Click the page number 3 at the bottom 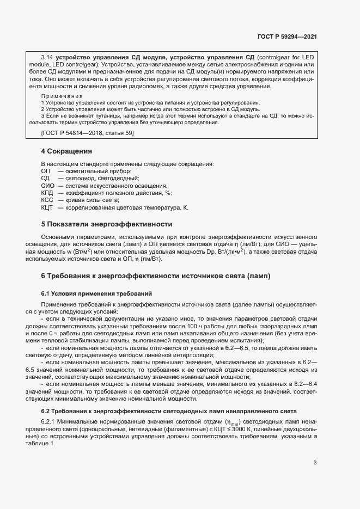tap(315, 463)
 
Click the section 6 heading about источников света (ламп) tap(155, 276)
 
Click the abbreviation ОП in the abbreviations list tap(45, 170)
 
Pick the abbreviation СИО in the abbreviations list tap(46, 185)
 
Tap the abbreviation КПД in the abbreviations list tap(47, 193)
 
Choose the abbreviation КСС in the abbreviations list tap(46, 200)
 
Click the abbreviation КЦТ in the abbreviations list tap(46, 208)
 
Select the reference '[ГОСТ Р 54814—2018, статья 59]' tap(87, 133)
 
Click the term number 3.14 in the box tap(48, 57)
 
